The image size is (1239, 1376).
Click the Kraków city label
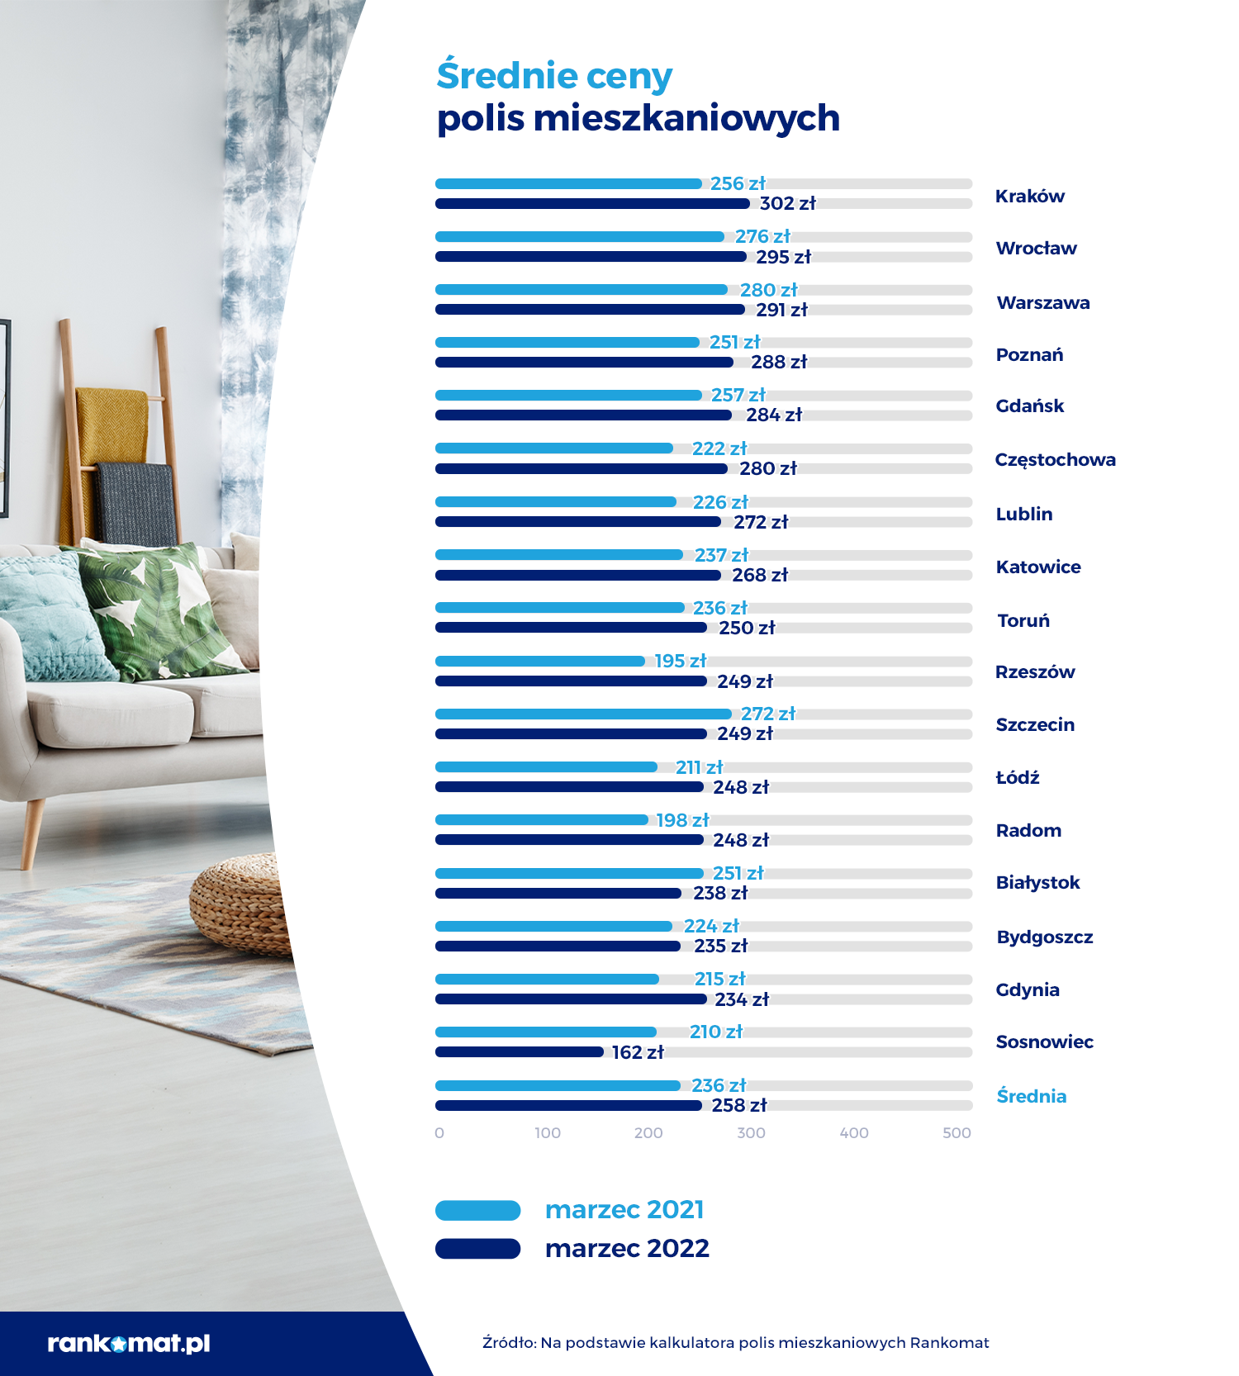click(1029, 197)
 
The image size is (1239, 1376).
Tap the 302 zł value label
click(787, 203)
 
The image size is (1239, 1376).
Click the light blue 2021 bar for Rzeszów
click(539, 661)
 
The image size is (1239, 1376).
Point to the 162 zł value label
click(638, 1052)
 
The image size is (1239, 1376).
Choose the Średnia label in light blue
click(1031, 1096)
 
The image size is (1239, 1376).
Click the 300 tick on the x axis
click(751, 1133)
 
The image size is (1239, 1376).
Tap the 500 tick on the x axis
click(957, 1133)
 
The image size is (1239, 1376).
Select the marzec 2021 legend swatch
click(477, 1211)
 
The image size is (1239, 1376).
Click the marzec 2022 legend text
click(627, 1248)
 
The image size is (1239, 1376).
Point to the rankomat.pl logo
click(129, 1343)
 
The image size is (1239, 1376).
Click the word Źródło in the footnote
click(508, 1343)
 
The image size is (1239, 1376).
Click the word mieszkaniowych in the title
click(686, 118)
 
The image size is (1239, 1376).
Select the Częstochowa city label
click(1055, 460)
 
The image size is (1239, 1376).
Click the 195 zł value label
click(680, 661)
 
